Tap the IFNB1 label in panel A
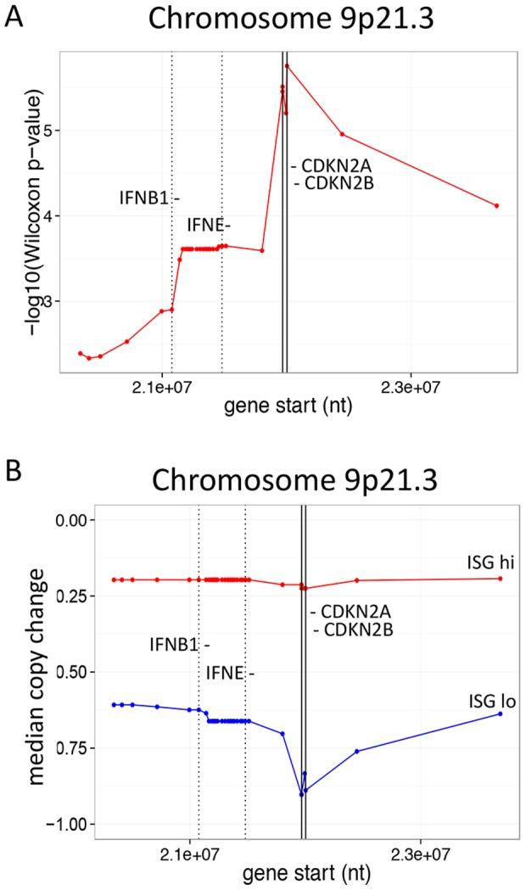point(149,199)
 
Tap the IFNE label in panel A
point(208,225)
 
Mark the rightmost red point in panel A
point(496,205)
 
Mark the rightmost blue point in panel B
point(501,714)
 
